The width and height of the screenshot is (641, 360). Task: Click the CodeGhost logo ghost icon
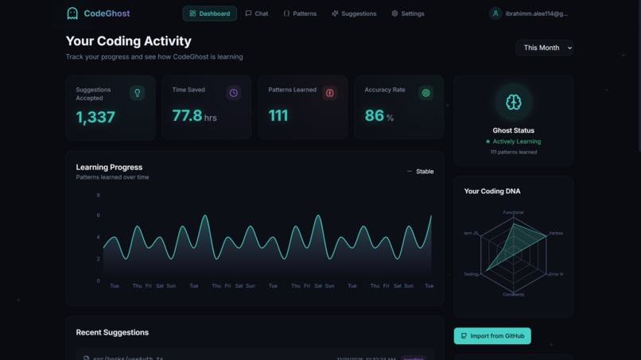point(72,14)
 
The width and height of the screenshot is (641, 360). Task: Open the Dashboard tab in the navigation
point(210,14)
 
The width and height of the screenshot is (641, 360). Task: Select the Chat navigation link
point(256,14)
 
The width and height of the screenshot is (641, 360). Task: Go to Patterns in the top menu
point(300,14)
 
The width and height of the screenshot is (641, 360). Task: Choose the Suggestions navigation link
point(354,14)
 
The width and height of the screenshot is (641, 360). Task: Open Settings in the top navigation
point(407,14)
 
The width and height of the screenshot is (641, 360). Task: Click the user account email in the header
point(536,14)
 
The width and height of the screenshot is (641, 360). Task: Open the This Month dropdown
point(544,48)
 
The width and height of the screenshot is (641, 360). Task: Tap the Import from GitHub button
point(492,336)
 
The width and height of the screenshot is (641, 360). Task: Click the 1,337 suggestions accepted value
point(95,117)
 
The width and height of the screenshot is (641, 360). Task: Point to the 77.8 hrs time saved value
point(193,116)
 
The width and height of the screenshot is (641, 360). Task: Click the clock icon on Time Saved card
point(233,93)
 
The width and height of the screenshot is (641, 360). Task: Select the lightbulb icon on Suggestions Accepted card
point(137,93)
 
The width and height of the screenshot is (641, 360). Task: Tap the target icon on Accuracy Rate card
point(425,93)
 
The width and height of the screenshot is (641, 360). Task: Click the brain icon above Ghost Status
point(513,102)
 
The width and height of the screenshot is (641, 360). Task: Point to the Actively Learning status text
point(516,141)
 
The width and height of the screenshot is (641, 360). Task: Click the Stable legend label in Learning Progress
point(425,172)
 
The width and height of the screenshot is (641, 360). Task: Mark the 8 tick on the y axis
point(99,195)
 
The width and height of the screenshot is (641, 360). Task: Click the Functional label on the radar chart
point(513,212)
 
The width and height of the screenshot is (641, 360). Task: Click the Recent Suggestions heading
point(112,332)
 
